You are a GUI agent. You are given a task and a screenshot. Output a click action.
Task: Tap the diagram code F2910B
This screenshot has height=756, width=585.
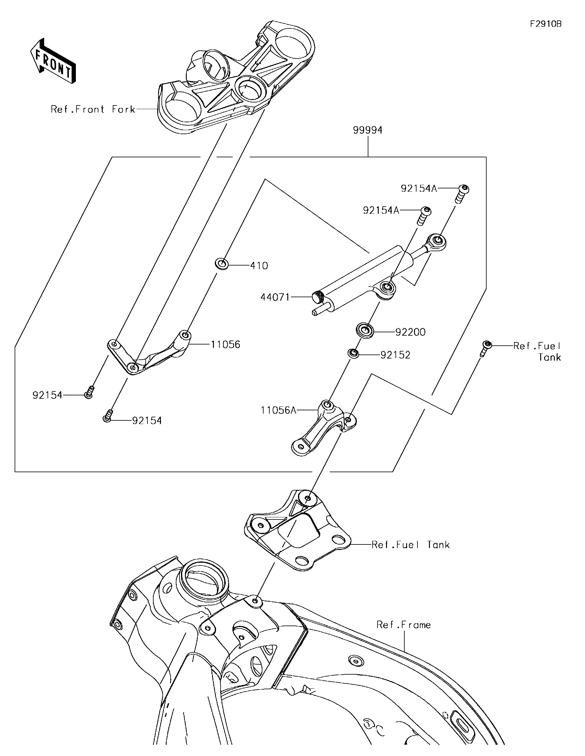click(546, 24)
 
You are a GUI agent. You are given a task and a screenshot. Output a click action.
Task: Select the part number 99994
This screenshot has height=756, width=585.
click(367, 130)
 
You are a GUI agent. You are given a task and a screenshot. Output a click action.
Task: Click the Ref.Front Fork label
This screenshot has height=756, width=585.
click(93, 109)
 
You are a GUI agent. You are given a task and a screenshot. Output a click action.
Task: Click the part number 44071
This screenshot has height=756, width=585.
click(275, 297)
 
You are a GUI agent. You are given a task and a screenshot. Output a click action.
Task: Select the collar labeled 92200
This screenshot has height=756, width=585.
click(365, 330)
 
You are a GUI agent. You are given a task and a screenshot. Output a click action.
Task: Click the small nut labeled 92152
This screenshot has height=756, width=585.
click(353, 353)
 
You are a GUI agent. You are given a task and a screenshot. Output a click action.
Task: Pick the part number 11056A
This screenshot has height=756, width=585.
click(278, 410)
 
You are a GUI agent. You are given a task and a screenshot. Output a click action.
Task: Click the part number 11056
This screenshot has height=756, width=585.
click(225, 344)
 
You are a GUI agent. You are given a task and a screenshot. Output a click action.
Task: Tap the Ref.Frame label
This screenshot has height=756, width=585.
click(403, 625)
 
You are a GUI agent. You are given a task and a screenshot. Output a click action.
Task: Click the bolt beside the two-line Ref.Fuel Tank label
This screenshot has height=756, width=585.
click(486, 347)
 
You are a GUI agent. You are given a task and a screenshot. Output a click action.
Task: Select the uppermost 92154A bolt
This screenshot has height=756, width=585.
click(463, 193)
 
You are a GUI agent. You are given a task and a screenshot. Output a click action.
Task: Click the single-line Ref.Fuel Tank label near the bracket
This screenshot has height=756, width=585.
click(410, 545)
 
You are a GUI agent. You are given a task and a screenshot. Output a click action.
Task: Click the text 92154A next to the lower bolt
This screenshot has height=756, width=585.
click(381, 210)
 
